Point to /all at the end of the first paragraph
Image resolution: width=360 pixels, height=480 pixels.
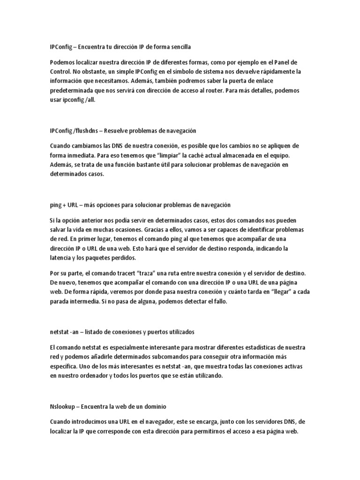[89, 100]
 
